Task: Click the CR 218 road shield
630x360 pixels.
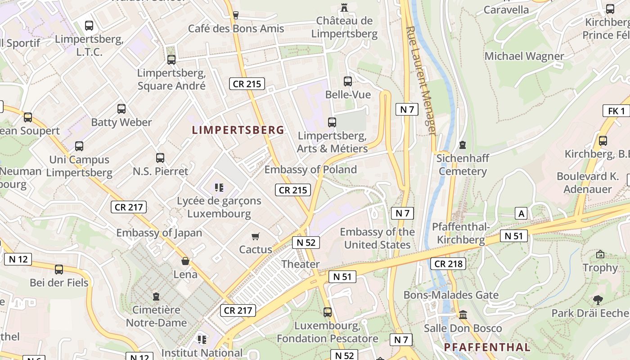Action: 448,264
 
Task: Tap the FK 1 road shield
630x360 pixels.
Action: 616,111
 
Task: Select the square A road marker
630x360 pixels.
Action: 521,213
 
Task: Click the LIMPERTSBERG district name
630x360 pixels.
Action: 238,130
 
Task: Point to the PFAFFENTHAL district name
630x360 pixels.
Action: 487,347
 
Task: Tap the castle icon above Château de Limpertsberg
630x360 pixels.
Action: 344,7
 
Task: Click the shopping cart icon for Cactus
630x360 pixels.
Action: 256,236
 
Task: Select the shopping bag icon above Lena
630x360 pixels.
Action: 185,261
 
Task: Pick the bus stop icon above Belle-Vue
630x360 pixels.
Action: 348,81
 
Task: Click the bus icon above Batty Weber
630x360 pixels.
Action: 121,108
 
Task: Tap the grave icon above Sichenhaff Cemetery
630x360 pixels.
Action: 462,145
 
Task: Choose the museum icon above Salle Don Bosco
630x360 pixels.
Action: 463,315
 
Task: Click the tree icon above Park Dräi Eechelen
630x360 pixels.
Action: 598,300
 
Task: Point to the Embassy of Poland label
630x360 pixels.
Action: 310,170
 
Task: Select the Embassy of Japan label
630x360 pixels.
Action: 159,233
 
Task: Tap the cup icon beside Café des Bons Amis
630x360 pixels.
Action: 235,15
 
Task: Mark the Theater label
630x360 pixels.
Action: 301,264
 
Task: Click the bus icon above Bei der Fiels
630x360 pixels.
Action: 59,270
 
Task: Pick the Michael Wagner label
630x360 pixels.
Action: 524,56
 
